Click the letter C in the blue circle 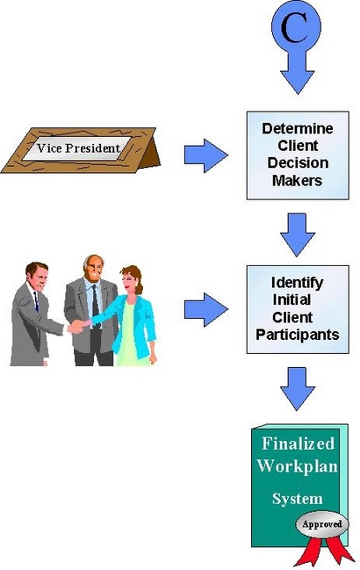(296, 27)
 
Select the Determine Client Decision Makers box (298, 155)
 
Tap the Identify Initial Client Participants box (298, 309)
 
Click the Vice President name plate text (78, 148)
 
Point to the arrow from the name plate (206, 155)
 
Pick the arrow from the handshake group (206, 310)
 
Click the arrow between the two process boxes (298, 234)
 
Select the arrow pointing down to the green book (298, 389)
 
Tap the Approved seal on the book (322, 524)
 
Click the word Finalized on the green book (298, 444)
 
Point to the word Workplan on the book (298, 466)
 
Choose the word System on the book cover (298, 498)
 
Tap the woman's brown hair (133, 277)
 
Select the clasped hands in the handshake (78, 326)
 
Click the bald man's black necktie (95, 302)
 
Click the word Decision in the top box (298, 162)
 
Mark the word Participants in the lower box (298, 335)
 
